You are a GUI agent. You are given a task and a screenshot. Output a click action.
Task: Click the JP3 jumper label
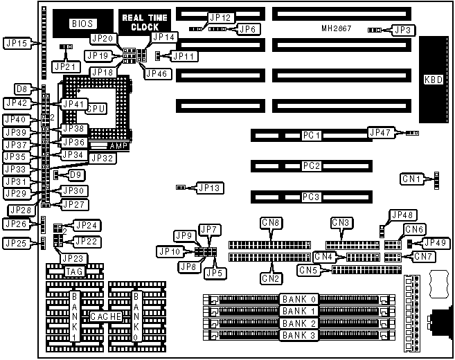[x=403, y=30]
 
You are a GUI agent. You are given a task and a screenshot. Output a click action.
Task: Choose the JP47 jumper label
[x=382, y=132]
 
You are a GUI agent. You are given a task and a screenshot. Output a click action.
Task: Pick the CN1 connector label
[x=414, y=180]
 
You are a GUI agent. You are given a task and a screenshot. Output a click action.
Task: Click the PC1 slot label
[x=312, y=135]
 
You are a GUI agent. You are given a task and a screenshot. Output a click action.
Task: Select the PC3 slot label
[x=312, y=197]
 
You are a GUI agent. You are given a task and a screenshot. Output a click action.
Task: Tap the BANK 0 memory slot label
[x=298, y=299]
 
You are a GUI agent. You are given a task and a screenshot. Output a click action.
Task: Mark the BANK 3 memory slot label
[x=298, y=334]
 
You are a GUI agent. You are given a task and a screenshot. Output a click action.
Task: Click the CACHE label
[x=106, y=316]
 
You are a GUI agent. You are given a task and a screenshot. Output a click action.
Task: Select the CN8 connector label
[x=271, y=222]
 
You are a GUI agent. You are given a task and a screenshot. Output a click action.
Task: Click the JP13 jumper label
[x=208, y=187]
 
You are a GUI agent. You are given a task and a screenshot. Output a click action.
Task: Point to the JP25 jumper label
[x=15, y=243]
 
